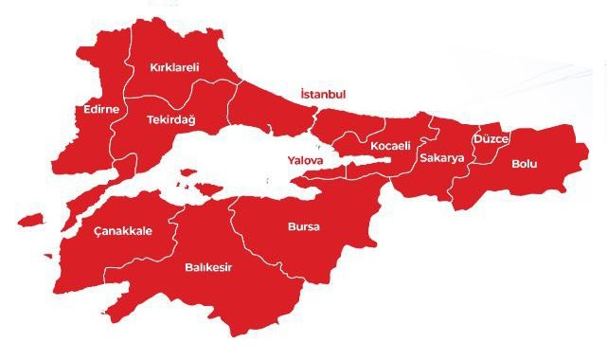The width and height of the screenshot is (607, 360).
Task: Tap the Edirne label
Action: coord(101,110)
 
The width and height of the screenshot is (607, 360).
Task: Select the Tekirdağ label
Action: coord(170,120)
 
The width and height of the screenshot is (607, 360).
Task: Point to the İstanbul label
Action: coord(323,95)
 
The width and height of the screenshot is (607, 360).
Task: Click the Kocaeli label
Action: coord(390,146)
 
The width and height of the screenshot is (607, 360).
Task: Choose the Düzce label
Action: coord(491,139)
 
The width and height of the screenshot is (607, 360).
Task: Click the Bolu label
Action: coord(524,164)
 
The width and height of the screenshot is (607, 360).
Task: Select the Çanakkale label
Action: coord(123,231)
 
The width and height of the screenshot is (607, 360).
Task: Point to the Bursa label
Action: coord(304,227)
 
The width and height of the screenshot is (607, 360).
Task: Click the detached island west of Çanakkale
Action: coord(32,220)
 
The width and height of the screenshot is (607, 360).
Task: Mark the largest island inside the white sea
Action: coord(202,185)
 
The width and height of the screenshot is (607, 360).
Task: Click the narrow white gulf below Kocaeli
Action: coord(369,164)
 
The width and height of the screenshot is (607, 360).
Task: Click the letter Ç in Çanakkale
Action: coord(98,231)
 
